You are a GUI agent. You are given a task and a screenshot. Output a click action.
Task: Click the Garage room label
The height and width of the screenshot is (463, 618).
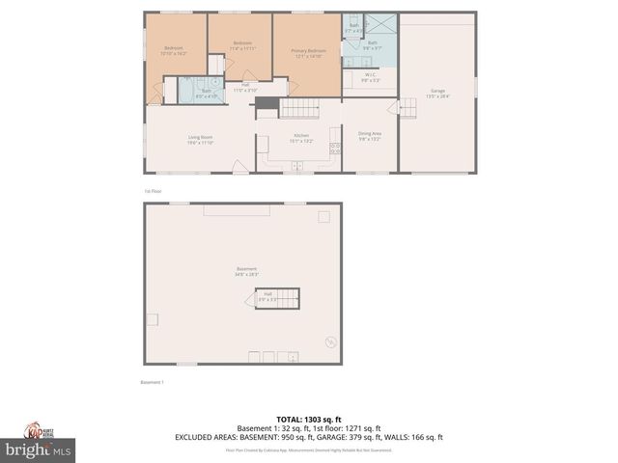[437, 93]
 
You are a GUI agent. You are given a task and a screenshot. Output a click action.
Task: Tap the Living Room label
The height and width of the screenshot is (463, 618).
[200, 141]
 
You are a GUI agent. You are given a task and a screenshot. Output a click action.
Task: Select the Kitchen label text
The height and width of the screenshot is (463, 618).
[300, 139]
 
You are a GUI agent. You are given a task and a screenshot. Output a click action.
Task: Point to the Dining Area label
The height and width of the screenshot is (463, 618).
[370, 136]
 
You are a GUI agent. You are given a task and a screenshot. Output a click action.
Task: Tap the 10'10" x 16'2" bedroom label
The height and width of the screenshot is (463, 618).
[174, 50]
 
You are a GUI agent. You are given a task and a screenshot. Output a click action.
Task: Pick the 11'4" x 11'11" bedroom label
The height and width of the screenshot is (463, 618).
[242, 45]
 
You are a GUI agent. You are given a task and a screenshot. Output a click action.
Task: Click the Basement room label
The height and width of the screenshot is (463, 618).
[246, 272]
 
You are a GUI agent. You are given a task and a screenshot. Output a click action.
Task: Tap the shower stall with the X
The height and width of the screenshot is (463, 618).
[381, 27]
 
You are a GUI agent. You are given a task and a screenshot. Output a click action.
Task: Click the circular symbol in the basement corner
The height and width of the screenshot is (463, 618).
[331, 340]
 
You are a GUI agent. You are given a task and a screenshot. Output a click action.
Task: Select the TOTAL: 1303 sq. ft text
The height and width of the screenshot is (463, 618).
[308, 419]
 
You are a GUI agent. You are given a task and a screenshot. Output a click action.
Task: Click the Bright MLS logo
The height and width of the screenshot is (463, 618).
[39, 449]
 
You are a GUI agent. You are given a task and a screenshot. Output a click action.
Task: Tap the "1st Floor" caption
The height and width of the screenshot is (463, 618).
[153, 191]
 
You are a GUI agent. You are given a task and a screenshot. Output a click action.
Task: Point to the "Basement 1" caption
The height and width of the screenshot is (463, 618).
[153, 383]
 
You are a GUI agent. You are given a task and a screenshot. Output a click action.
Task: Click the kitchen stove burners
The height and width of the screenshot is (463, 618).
[336, 150]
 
